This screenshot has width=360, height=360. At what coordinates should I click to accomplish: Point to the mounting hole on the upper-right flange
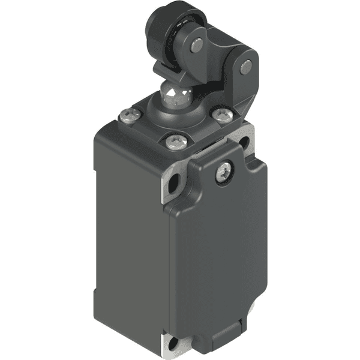point(244,142)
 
